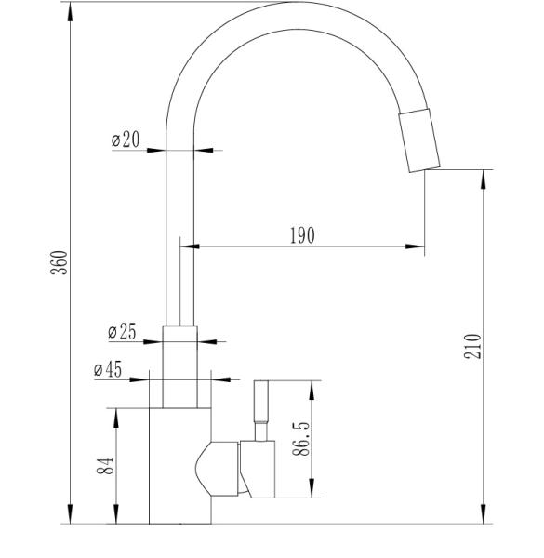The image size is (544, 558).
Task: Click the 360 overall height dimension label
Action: click(59, 262)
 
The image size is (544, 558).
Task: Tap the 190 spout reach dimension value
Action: click(302, 235)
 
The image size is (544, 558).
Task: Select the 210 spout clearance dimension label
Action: click(472, 346)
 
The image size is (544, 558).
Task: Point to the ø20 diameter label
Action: click(126, 139)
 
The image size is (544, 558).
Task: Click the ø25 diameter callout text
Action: click(122, 332)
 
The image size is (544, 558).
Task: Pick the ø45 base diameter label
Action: click(108, 369)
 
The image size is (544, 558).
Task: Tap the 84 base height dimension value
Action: click(105, 466)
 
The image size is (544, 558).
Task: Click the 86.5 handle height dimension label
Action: click(301, 439)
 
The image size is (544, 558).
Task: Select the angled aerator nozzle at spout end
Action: click(419, 140)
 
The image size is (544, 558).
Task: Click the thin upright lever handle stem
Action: click(260, 410)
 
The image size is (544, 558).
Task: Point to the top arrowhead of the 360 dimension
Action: click(70, 12)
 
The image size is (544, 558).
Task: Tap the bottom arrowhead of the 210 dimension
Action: click(484, 514)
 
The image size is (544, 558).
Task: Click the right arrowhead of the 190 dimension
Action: click(415, 246)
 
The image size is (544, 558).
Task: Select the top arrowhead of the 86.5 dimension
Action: click(312, 391)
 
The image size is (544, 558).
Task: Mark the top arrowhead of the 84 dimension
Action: click(116, 418)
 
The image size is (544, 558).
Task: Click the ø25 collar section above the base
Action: click(180, 367)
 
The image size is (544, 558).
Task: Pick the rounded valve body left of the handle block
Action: click(217, 469)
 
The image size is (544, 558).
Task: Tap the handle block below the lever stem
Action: click(258, 469)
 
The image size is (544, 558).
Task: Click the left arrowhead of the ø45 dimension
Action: click(139, 379)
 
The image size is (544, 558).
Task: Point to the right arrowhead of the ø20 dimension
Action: click(204, 150)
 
